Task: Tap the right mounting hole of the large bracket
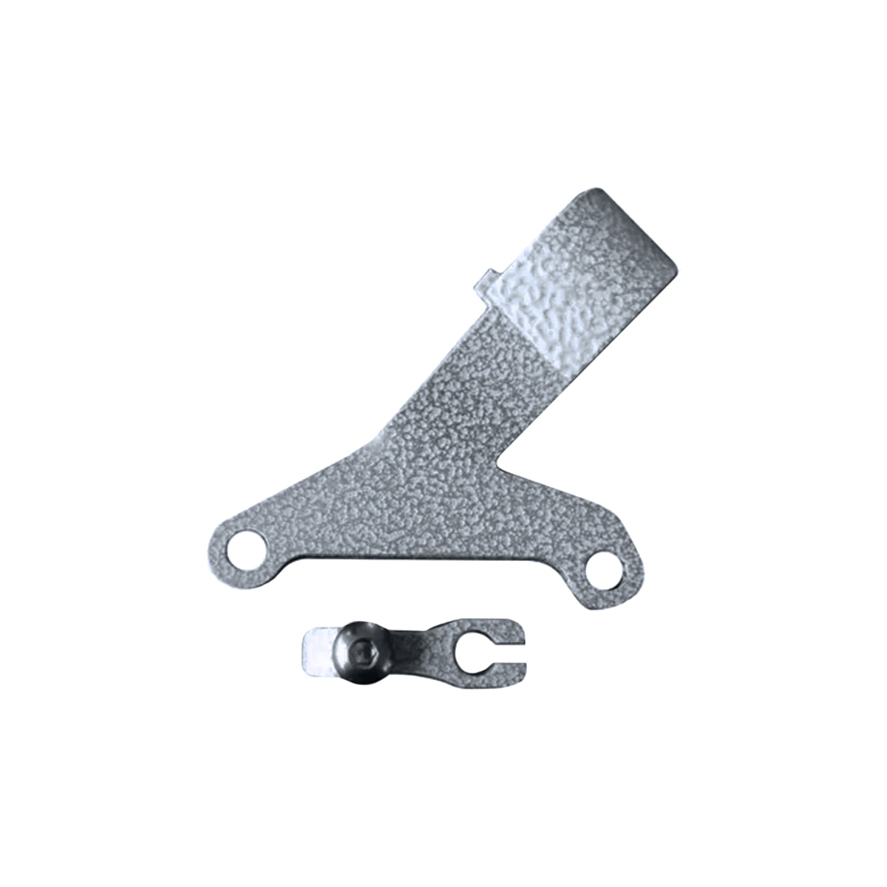click(x=604, y=569)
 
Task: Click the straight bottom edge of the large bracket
click(x=414, y=560)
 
